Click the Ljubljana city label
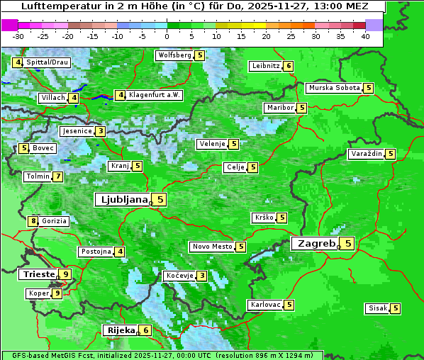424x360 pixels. point(122,200)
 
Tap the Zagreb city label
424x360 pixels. point(315,244)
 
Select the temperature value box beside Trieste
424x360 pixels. point(66,274)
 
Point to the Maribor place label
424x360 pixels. point(279,108)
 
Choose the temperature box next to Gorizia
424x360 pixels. point(33,221)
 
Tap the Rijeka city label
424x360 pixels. point(121,330)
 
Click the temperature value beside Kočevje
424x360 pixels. point(202,276)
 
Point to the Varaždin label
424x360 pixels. point(367,154)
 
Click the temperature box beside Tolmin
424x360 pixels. point(57,176)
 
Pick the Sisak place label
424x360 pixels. point(377,308)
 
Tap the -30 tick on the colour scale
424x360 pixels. point(18,36)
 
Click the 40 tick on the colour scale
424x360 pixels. point(365,36)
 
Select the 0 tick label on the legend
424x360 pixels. point(167,36)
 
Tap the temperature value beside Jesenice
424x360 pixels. point(101,131)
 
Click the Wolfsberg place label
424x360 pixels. point(174,55)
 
